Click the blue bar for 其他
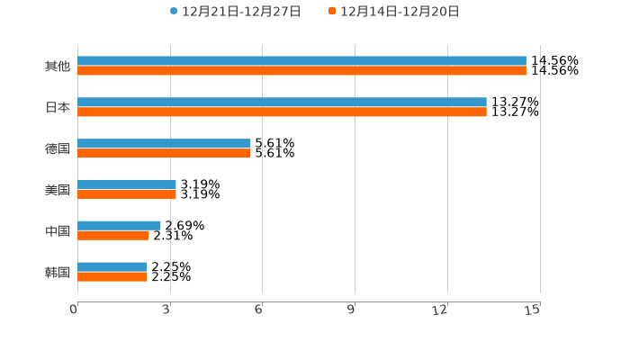pos(301,61)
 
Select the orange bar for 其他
pos(301,70)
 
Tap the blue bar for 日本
pos(282,103)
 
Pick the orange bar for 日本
pos(282,112)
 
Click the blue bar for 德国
pos(164,144)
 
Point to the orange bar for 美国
pos(127,193)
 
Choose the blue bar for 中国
pos(119,226)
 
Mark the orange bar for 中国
pos(113,235)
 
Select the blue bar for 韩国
pos(112,267)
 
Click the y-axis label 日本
pos(58,107)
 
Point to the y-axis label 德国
pos(58,148)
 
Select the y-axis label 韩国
pos(58,272)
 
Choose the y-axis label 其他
pos(58,66)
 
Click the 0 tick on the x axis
pos(75,310)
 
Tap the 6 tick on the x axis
pos(258,310)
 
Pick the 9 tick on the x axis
pos(351,310)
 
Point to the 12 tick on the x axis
pos(440,310)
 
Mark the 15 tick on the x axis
pos(533,310)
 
